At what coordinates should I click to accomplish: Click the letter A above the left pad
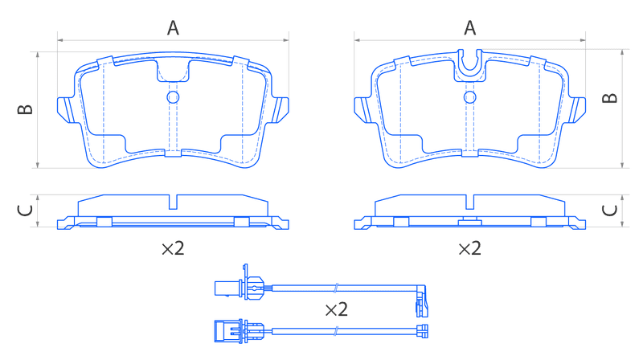click(x=173, y=28)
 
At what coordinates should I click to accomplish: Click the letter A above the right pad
click(x=470, y=28)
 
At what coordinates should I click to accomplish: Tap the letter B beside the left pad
click(x=25, y=109)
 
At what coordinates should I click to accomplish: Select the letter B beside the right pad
click(x=610, y=98)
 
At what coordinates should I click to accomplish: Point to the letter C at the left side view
click(x=25, y=211)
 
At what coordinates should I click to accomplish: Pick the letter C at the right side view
click(x=610, y=211)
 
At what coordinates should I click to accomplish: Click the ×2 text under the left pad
click(x=173, y=248)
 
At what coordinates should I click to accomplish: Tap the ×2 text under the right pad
click(x=470, y=248)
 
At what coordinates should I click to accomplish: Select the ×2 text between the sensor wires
click(x=337, y=309)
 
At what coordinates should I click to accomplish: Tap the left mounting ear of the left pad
click(x=65, y=110)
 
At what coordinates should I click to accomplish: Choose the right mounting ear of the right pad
click(x=578, y=110)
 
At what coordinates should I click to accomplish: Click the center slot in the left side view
click(x=173, y=202)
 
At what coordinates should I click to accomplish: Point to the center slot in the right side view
click(x=470, y=202)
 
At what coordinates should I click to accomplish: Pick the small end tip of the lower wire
click(x=423, y=331)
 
